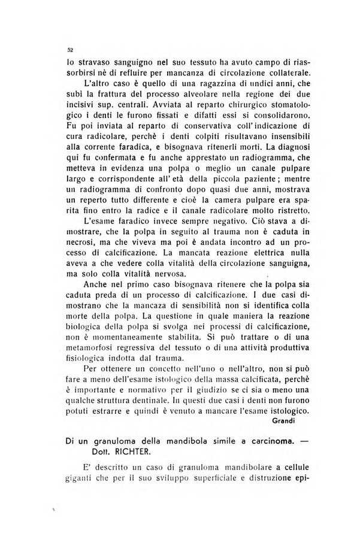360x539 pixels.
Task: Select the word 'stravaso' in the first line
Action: point(95,62)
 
